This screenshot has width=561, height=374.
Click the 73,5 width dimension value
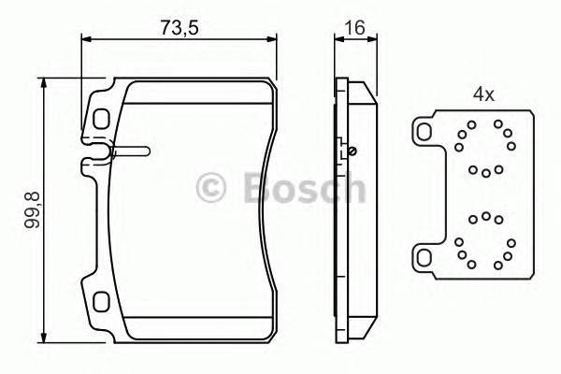pos(179,27)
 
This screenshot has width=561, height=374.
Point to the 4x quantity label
pos(482,94)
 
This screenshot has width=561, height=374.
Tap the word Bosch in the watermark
pos(303,188)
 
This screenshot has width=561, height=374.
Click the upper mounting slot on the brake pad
pos(101,119)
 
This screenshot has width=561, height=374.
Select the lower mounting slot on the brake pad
pos(101,302)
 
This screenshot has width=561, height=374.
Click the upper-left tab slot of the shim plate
pos(425,131)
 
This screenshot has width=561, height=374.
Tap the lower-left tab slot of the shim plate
pos(425,256)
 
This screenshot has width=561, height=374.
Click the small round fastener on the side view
pos(352,151)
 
